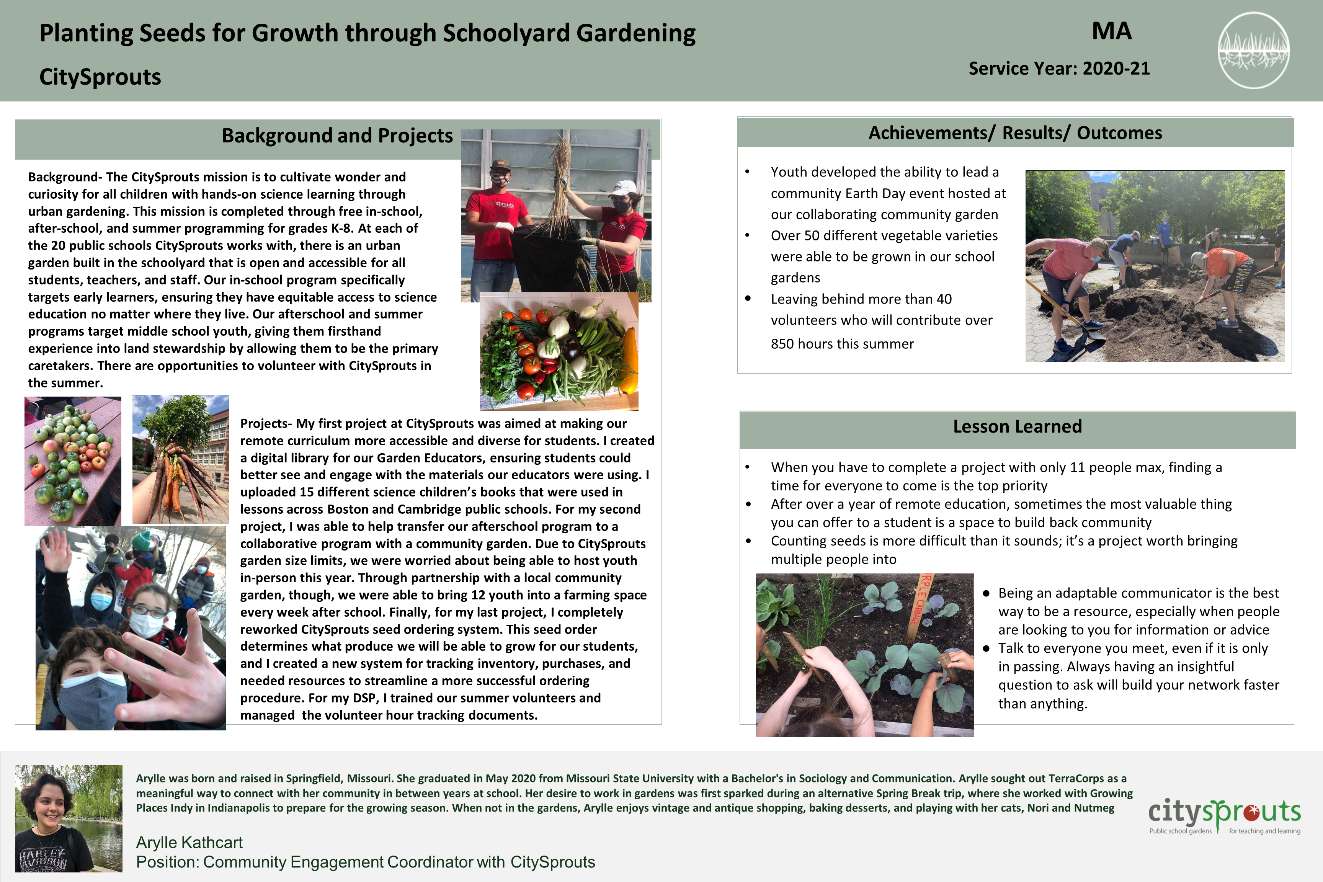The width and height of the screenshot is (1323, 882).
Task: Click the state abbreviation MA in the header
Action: coord(1112,31)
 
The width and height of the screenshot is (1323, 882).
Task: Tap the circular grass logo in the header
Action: coord(1253,51)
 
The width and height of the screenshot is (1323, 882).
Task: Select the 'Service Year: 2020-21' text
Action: coord(1058,69)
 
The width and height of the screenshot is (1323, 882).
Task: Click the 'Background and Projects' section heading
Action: coord(337,136)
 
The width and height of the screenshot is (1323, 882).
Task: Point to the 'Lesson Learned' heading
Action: coord(1017,426)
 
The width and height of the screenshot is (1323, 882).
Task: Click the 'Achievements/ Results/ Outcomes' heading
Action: coord(1015,133)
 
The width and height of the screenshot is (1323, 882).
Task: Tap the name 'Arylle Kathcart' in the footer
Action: coord(189,842)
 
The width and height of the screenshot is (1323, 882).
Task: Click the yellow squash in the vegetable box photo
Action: coord(630,360)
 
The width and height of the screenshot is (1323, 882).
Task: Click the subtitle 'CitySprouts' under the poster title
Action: coord(100,77)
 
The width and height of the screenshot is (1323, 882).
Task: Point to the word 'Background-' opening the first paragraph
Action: coord(65,177)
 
